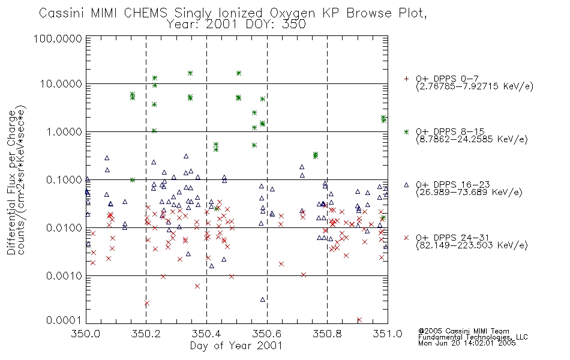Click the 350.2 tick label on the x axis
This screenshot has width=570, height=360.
pos(146,334)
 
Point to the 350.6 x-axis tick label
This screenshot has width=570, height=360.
pos(267,334)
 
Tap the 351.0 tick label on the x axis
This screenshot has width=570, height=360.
pos(388,334)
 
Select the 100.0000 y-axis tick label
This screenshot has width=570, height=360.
pos(58,38)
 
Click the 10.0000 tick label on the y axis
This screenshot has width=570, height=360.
pos(61,84)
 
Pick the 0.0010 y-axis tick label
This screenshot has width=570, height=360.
pos(64,276)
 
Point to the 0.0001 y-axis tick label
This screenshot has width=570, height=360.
pos(64,320)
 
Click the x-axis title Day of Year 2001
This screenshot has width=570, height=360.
pos(236,346)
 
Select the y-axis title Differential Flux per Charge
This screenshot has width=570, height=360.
pos(12,182)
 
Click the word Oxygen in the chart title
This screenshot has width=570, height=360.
pos(293,13)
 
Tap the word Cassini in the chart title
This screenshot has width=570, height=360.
pos(61,13)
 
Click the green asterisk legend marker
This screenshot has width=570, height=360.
pos(406,131)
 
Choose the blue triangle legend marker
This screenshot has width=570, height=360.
pos(406,185)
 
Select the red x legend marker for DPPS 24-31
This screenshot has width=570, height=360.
pos(406,238)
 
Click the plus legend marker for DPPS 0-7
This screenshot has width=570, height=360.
pos(406,79)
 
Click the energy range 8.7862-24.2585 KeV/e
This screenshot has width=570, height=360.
pos(472,139)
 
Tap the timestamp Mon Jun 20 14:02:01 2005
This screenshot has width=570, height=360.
pos(467,343)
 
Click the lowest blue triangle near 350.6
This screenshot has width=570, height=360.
pos(263,299)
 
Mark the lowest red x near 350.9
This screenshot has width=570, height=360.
pos(359,320)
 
